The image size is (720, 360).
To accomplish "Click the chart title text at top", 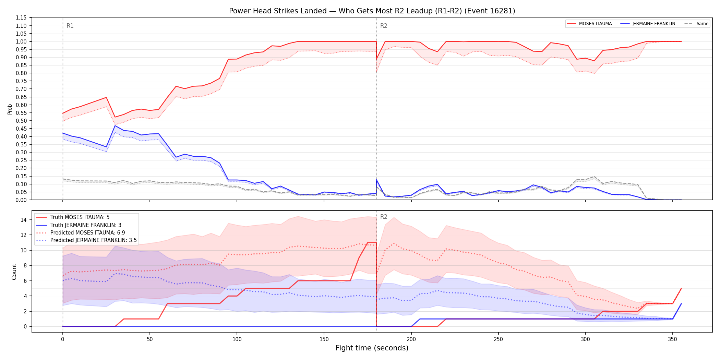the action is tap(372, 11).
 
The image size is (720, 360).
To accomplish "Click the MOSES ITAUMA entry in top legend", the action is tap(589, 24).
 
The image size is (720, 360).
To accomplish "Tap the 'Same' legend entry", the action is tap(696, 24).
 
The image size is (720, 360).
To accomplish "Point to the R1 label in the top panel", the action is tap(70, 26).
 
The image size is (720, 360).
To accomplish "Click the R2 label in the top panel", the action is tap(384, 26).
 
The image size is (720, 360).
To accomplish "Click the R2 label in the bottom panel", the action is tap(384, 217).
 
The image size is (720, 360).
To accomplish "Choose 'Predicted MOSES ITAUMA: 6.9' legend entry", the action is tap(81, 233).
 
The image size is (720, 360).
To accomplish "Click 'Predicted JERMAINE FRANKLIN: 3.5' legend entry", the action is tap(86, 240).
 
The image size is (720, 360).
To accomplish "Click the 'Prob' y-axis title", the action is tap(10, 109).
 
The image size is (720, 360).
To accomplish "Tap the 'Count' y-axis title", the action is tap(14, 272).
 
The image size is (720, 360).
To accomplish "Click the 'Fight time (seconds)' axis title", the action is tap(372, 348).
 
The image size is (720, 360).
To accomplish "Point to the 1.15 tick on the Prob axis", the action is tap(21, 18).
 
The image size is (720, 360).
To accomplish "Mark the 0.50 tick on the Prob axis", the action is tap(21, 121).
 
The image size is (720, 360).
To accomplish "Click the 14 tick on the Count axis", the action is tap(24, 220).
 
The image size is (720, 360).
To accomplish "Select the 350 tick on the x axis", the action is tap(673, 339).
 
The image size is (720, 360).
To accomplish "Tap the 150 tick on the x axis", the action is tap(324, 339).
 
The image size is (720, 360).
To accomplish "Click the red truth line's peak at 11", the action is tap(372, 243).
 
